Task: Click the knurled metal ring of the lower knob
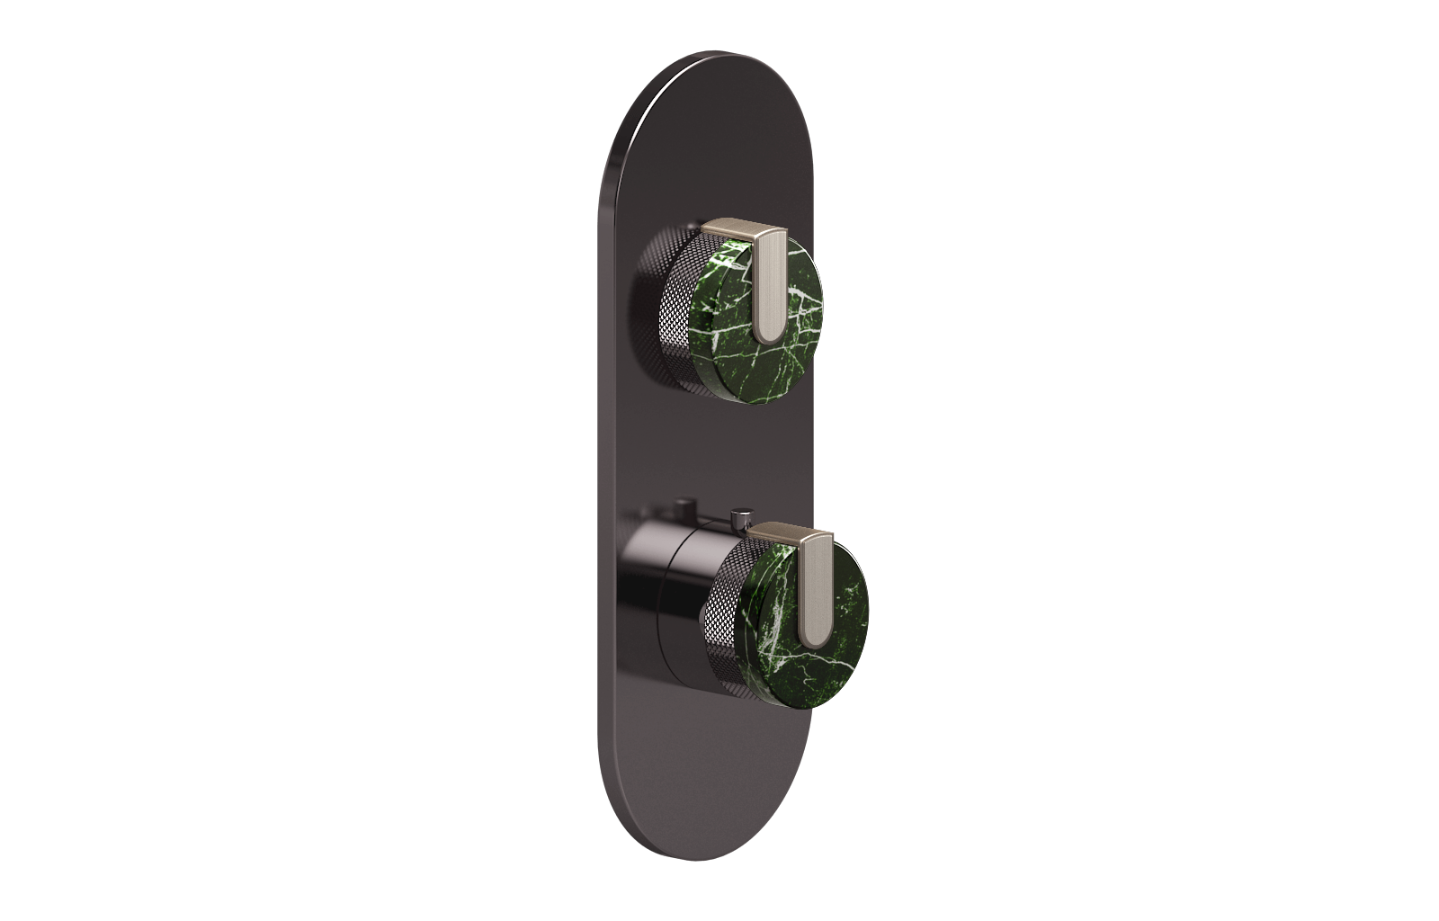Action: pyautogui.click(x=728, y=621)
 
